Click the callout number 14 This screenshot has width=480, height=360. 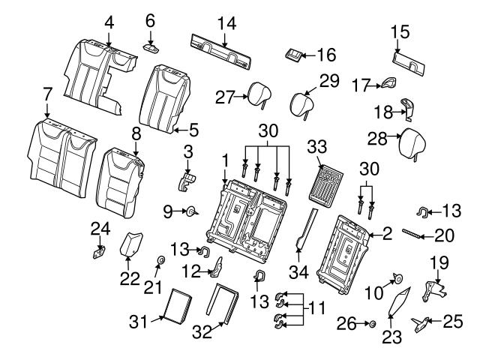[x=226, y=24]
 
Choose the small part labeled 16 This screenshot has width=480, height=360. [x=295, y=55]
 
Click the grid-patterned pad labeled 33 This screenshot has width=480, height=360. [x=325, y=182]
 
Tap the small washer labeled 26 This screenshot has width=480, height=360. [x=371, y=324]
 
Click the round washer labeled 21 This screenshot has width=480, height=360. [x=160, y=261]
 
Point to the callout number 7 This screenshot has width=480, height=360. [x=47, y=95]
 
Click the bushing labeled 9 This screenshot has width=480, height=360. [x=190, y=213]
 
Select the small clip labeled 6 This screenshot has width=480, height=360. [x=150, y=46]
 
